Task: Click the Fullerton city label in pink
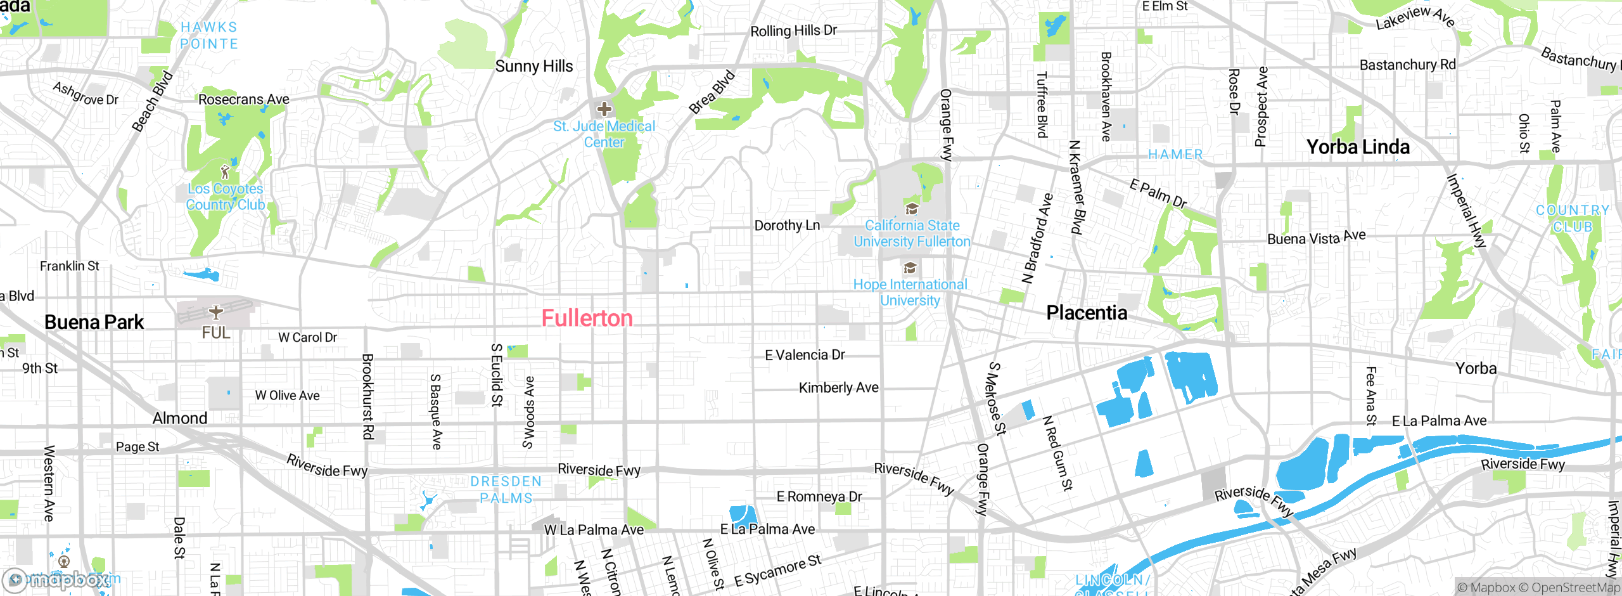(x=587, y=318)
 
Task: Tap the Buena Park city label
(x=94, y=322)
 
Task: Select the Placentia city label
(x=1087, y=313)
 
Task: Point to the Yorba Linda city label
(x=1358, y=147)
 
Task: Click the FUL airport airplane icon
(x=216, y=312)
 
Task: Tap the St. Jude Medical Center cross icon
(x=604, y=108)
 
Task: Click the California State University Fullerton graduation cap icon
(x=912, y=209)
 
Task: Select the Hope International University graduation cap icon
(x=910, y=268)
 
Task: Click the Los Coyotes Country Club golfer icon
(x=224, y=172)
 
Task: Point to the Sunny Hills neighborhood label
(x=533, y=67)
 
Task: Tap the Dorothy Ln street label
(x=787, y=226)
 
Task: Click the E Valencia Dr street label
(x=805, y=355)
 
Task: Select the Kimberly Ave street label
(x=838, y=387)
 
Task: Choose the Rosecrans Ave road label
(x=243, y=100)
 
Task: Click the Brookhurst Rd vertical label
(x=367, y=396)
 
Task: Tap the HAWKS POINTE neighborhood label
(x=209, y=36)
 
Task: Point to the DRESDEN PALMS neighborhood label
(x=506, y=489)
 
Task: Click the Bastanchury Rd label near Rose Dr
(x=1407, y=65)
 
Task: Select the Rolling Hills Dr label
(x=793, y=30)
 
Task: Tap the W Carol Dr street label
(x=307, y=337)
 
